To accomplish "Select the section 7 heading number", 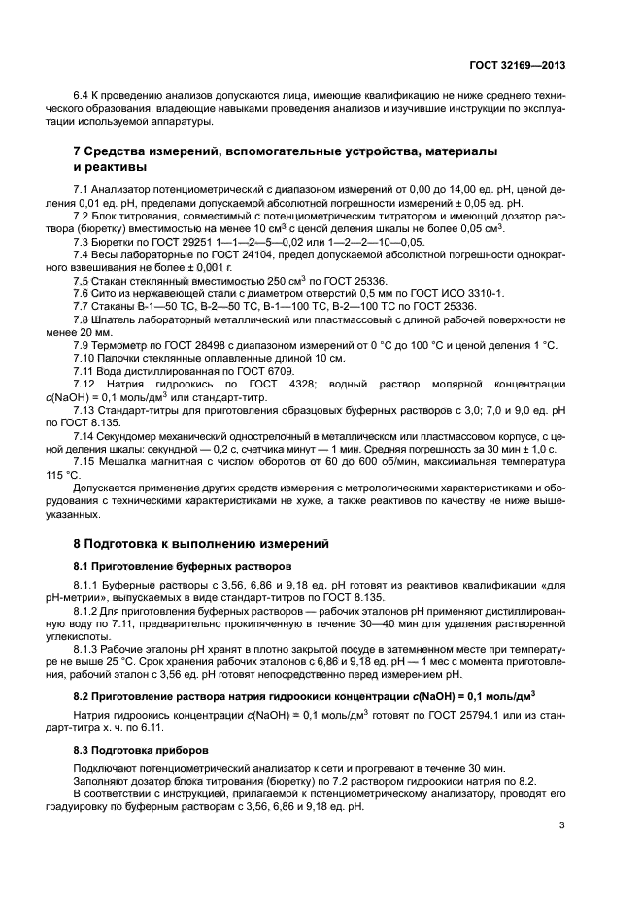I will (79, 152).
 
